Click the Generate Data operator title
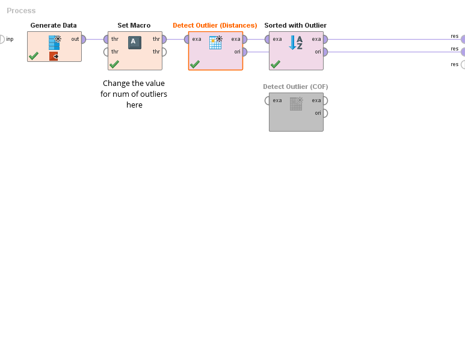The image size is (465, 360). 54,25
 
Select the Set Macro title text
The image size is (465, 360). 134,25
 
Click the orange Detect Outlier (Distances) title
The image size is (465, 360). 215,25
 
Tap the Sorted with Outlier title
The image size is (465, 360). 295,25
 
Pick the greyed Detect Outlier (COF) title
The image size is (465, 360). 295,87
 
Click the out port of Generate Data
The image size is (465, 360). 82,39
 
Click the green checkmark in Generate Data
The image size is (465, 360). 34,56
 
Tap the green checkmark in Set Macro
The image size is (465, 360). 114,64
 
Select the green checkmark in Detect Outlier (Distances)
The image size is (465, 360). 195,64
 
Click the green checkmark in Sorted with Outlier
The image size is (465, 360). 276,64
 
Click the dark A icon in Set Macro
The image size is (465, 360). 135,42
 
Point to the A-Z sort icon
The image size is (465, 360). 296,42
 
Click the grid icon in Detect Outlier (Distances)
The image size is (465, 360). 215,42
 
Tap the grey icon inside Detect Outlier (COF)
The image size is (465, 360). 296,103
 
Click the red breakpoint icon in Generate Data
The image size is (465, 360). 54,56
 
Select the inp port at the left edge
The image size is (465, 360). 1,39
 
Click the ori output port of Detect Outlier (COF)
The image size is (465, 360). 324,113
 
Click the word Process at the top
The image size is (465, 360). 21,11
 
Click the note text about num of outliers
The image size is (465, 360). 134,94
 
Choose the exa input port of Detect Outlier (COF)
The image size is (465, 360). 268,100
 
